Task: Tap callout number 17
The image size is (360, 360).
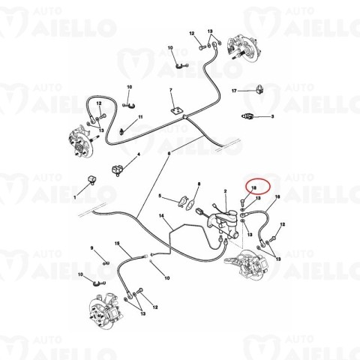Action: [x=233, y=90]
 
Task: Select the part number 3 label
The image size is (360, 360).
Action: [x=272, y=117]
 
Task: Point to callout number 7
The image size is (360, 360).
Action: [x=171, y=91]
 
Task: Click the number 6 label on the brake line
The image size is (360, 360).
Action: [x=169, y=153]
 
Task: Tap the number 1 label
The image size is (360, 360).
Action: [x=74, y=196]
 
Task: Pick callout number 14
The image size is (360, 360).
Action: [x=161, y=216]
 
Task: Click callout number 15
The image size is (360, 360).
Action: [x=117, y=243]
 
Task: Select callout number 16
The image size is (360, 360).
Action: [x=277, y=197]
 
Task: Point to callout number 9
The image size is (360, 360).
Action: [x=92, y=248]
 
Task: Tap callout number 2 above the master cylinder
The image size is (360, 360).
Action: [x=225, y=191]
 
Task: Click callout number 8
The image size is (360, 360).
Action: [x=199, y=184]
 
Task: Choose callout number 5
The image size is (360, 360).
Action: [x=160, y=196]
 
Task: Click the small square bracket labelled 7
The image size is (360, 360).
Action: [x=178, y=112]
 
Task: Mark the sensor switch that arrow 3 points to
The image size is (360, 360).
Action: [x=249, y=117]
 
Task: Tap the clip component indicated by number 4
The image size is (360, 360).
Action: [x=117, y=168]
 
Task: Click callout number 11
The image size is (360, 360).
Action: [x=139, y=118]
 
